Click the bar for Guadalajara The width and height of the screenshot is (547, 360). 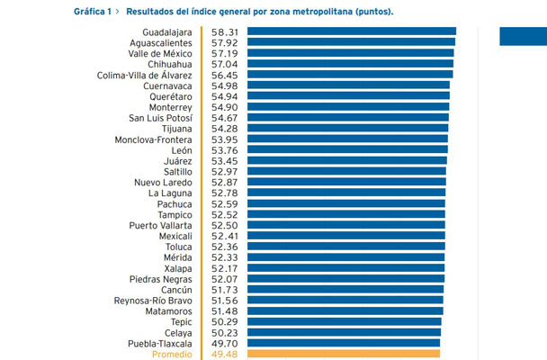352,31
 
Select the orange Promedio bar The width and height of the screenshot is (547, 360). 344,354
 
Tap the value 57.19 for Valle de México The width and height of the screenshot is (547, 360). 224,54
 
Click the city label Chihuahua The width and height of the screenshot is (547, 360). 169,65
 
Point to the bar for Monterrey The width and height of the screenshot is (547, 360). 348,107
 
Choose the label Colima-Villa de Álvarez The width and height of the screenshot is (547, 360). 145,75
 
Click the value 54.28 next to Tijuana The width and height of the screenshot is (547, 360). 224,129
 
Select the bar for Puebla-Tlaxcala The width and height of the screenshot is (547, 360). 344,343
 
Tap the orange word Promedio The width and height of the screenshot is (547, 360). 172,355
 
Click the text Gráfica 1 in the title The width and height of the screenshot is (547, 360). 93,12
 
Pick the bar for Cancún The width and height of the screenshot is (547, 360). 345,289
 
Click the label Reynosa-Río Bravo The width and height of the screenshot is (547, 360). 153,301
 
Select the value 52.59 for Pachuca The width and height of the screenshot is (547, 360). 224,204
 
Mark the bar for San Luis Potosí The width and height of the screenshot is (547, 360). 348,117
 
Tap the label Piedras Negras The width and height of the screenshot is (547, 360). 160,279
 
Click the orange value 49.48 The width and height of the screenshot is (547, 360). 224,355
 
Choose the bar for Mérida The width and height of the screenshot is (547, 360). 346,257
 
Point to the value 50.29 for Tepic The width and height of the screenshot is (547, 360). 224,322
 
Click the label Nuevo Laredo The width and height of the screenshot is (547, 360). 163,183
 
